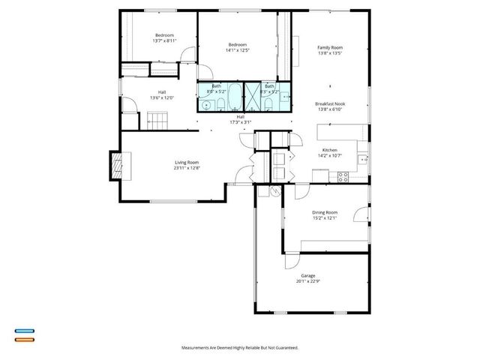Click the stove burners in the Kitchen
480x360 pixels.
pos(343,177)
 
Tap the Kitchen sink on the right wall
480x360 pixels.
pos(362,158)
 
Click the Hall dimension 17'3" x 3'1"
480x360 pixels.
pos(240,121)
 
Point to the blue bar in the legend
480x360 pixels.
pos(24,331)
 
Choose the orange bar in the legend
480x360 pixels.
pos(24,339)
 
